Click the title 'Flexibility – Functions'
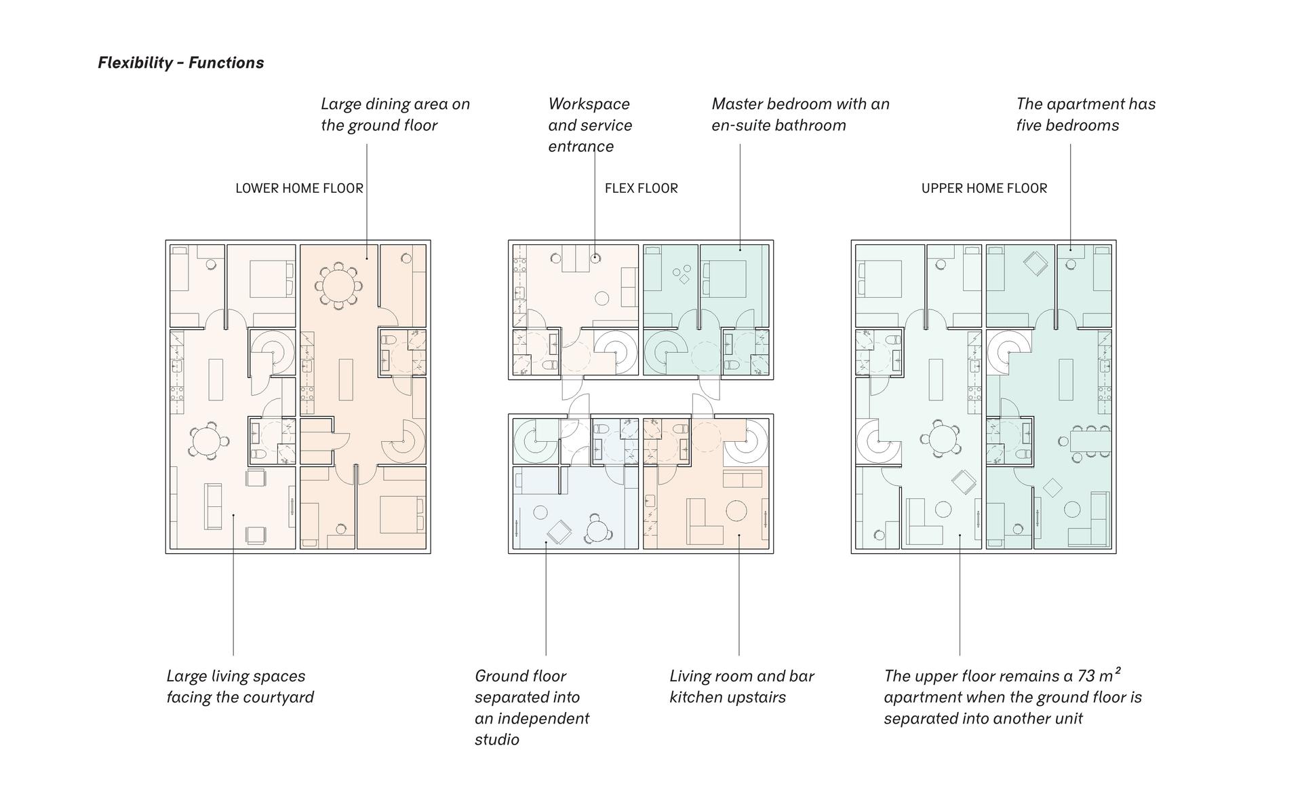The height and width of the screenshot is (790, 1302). tap(181, 62)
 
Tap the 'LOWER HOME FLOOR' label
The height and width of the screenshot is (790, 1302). tap(299, 188)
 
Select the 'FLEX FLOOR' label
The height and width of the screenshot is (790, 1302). tap(641, 188)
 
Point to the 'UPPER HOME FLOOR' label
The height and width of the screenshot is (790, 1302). tap(984, 188)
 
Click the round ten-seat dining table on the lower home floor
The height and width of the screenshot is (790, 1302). tap(338, 286)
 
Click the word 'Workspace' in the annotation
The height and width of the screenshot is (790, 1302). tap(589, 104)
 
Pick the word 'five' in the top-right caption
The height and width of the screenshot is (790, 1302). tap(1028, 125)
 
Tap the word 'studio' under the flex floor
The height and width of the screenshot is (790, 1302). tap(497, 739)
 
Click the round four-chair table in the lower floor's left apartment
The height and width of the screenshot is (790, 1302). tap(205, 441)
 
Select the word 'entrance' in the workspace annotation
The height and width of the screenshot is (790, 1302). tap(581, 146)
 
